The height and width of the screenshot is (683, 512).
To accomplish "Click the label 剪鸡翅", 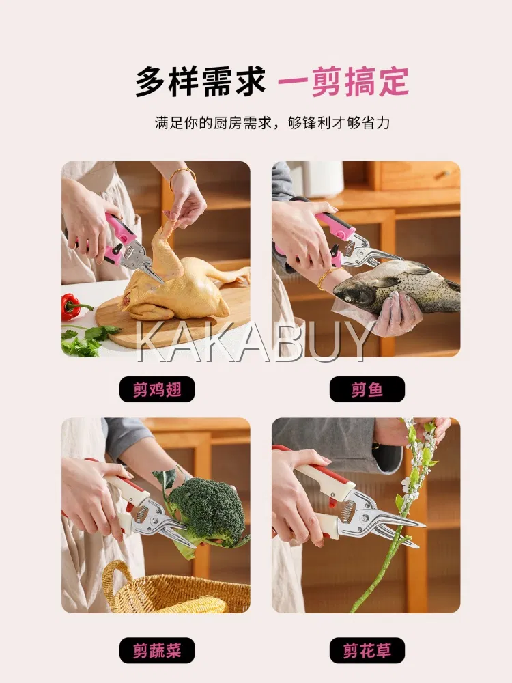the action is coord(157,389).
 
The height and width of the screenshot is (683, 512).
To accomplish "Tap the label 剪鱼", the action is coord(367,389).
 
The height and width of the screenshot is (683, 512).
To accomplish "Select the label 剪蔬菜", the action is coord(157,650).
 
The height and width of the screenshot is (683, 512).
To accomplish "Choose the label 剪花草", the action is coord(367,650).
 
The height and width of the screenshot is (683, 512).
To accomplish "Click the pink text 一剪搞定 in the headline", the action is coord(343,82).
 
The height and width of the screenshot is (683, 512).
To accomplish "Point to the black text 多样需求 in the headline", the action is coord(200,82).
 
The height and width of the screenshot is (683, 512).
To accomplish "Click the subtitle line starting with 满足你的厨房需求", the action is coord(272,123).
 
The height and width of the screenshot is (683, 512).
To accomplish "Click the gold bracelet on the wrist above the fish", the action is coord(324,278).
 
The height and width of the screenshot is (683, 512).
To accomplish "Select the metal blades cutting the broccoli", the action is coord(163,522).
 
